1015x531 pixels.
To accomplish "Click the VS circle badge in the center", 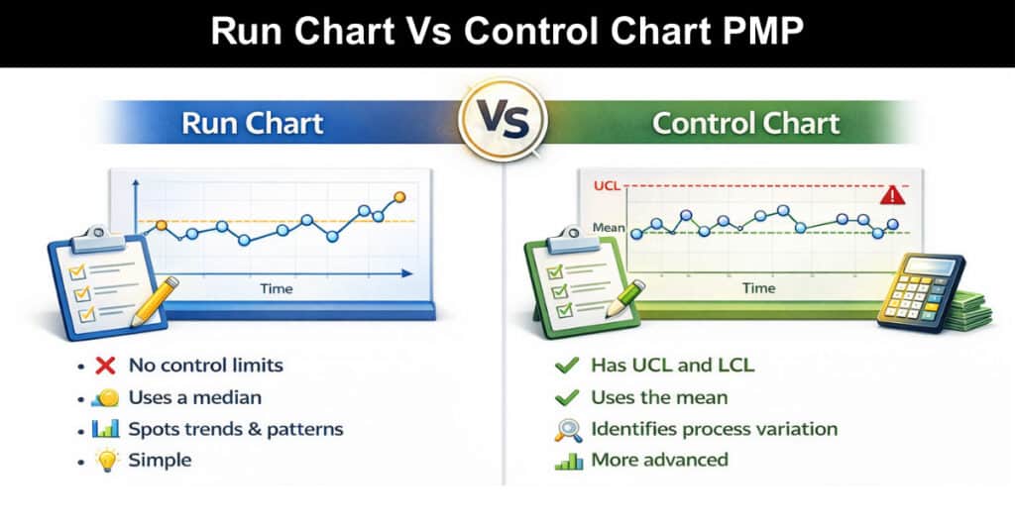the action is pos(503,120).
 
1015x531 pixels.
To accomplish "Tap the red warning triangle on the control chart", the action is pos(892,195).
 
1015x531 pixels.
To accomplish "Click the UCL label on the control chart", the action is pos(607,186).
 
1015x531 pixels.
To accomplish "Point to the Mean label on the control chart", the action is pos(609,228).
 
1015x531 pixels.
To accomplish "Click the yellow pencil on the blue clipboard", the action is pos(154,301).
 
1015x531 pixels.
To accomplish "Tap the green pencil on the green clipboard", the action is pos(624,298).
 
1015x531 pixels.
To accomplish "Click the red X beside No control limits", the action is pos(105,366).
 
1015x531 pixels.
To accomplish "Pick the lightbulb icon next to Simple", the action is pos(107,460).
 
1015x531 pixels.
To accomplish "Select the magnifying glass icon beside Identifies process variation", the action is pos(568,430).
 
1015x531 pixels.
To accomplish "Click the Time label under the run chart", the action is pos(277,288).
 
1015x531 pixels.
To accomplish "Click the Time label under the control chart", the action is pos(758,288).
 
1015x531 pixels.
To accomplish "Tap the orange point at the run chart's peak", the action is pos(399,196).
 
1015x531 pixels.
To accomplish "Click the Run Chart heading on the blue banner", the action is pos(253,123).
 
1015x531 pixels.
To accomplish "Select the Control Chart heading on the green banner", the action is pos(745,123).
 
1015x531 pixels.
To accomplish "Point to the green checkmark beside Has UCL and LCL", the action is pos(566,366).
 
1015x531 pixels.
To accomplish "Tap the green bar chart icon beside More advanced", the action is pos(568,461).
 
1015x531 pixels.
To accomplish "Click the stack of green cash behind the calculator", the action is pos(971,310).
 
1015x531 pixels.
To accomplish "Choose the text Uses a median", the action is pos(195,397).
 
